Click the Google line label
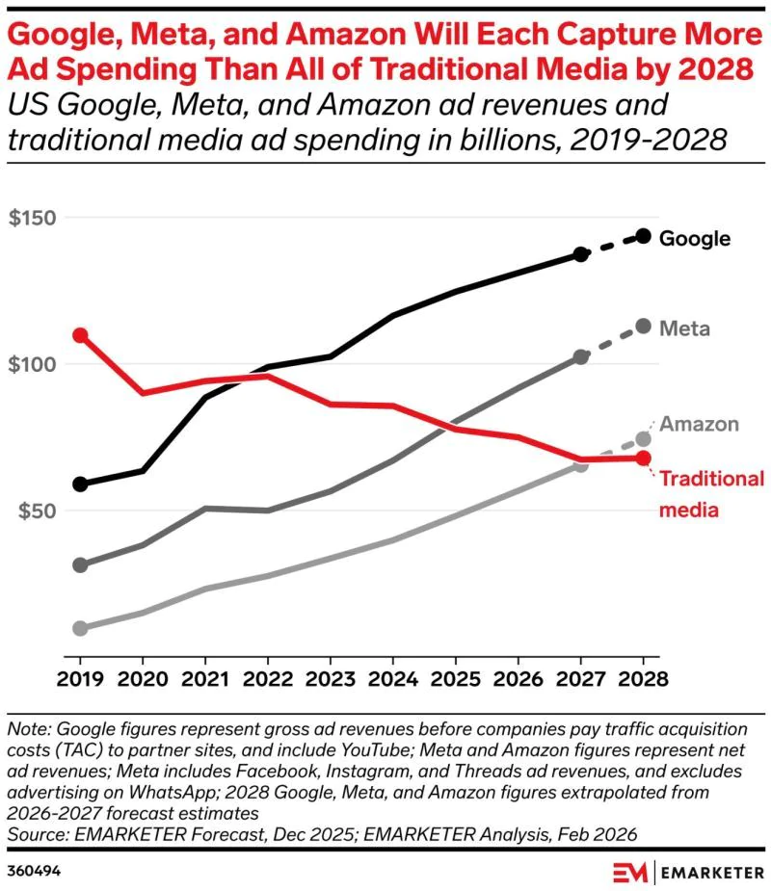pyautogui.click(x=694, y=239)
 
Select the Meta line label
pyautogui.click(x=684, y=328)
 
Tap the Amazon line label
pyautogui.click(x=699, y=424)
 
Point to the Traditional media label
pyautogui.click(x=711, y=493)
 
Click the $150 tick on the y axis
pyautogui.click(x=32, y=218)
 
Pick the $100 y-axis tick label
pyautogui.click(x=32, y=365)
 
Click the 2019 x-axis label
pyautogui.click(x=81, y=678)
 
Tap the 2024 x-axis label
pyautogui.click(x=392, y=678)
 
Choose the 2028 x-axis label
pyautogui.click(x=643, y=678)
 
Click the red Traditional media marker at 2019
pyautogui.click(x=81, y=335)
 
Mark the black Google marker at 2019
pyautogui.click(x=81, y=484)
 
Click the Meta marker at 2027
pyautogui.click(x=580, y=356)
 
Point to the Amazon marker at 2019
pyautogui.click(x=81, y=628)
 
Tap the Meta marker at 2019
pyautogui.click(x=81, y=564)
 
